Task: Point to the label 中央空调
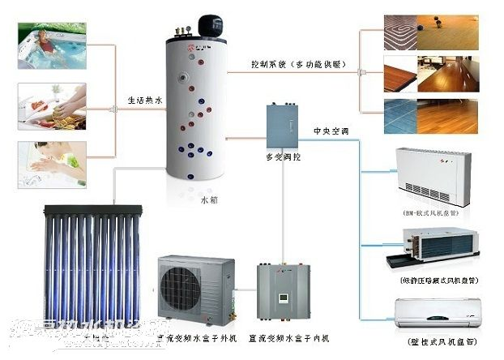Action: point(329,131)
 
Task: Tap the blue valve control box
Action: point(282,126)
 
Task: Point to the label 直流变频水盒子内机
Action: point(288,335)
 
